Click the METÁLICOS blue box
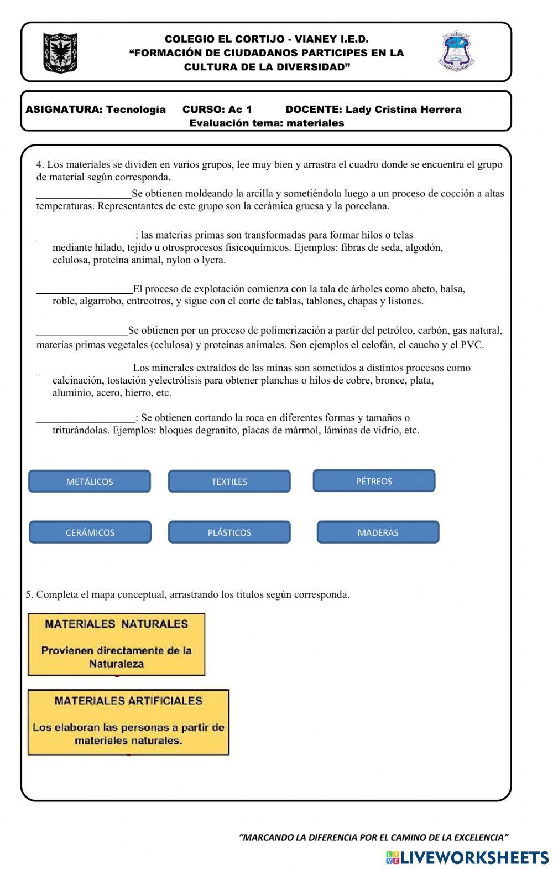click(x=89, y=482)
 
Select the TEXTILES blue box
click(x=229, y=482)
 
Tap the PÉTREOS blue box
click(x=374, y=481)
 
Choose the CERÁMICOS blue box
click(x=90, y=532)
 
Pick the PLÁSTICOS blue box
click(x=229, y=532)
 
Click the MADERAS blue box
click(x=378, y=532)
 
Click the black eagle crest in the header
click(x=60, y=53)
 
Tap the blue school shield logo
click(x=457, y=51)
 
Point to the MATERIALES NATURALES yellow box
click(x=116, y=644)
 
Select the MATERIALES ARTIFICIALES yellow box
click(x=128, y=722)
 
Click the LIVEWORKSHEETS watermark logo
click(x=467, y=857)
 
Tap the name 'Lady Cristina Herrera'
click(x=403, y=110)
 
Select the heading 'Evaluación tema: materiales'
click(x=267, y=123)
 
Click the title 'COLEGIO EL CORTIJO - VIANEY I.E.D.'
click(x=267, y=39)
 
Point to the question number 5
click(x=29, y=594)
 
